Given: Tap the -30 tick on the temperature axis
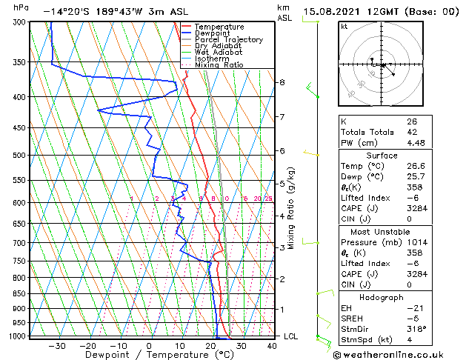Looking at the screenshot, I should [56, 345].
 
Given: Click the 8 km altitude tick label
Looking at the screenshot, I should [282, 82].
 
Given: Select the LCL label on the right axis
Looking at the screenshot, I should [292, 336].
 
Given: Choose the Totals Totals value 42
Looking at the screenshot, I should [411, 133].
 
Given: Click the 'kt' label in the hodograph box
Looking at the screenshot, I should [344, 26].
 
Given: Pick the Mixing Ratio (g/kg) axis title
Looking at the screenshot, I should [292, 208].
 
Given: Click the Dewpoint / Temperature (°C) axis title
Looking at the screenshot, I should [150, 355].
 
